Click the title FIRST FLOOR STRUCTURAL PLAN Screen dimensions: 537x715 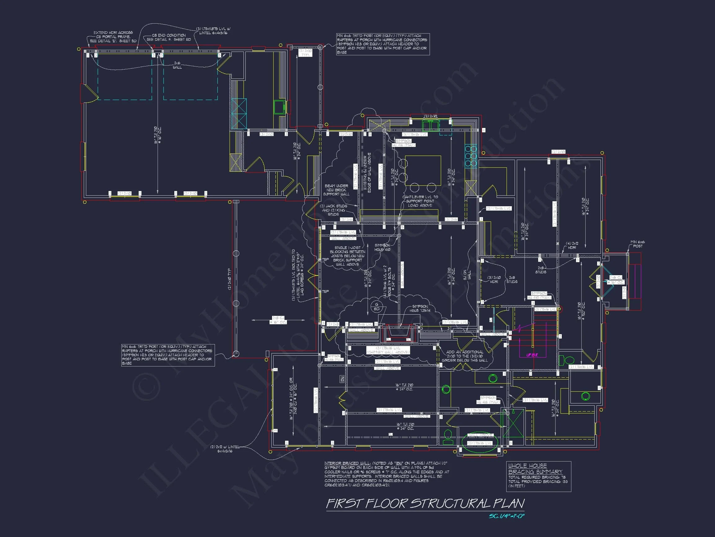[x=425, y=503]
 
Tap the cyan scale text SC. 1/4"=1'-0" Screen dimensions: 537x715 [x=507, y=516]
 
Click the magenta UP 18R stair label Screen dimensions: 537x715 [x=532, y=355]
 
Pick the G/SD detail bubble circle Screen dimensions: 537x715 [x=377, y=306]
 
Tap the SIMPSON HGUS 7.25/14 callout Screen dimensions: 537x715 [x=420, y=308]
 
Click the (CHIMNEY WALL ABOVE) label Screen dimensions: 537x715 [x=388, y=352]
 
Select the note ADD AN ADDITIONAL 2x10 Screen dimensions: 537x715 [x=464, y=356]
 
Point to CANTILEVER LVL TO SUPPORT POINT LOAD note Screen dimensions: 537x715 [x=420, y=201]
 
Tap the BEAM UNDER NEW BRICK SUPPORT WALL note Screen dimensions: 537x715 [x=336, y=190]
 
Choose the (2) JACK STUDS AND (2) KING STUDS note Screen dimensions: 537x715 [x=333, y=210]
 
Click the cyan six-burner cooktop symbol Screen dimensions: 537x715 [x=471, y=156]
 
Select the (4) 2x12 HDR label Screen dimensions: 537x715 [x=572, y=245]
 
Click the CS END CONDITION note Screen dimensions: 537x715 [x=169, y=37]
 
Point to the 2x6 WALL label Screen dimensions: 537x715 [x=177, y=65]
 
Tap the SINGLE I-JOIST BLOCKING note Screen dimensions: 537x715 [x=347, y=256]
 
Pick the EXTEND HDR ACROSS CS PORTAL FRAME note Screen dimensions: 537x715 [x=113, y=37]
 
